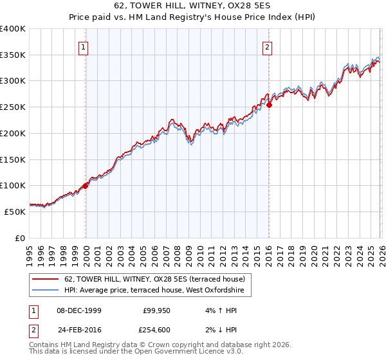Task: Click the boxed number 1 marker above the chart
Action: point(85,46)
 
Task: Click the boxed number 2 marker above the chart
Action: point(266,46)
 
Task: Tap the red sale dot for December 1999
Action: point(86,186)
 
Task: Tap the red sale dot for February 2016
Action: point(270,105)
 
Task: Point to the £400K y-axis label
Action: point(13,29)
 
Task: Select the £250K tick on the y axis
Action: point(13,107)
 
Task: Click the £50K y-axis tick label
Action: point(15,212)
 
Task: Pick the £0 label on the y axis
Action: point(21,238)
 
